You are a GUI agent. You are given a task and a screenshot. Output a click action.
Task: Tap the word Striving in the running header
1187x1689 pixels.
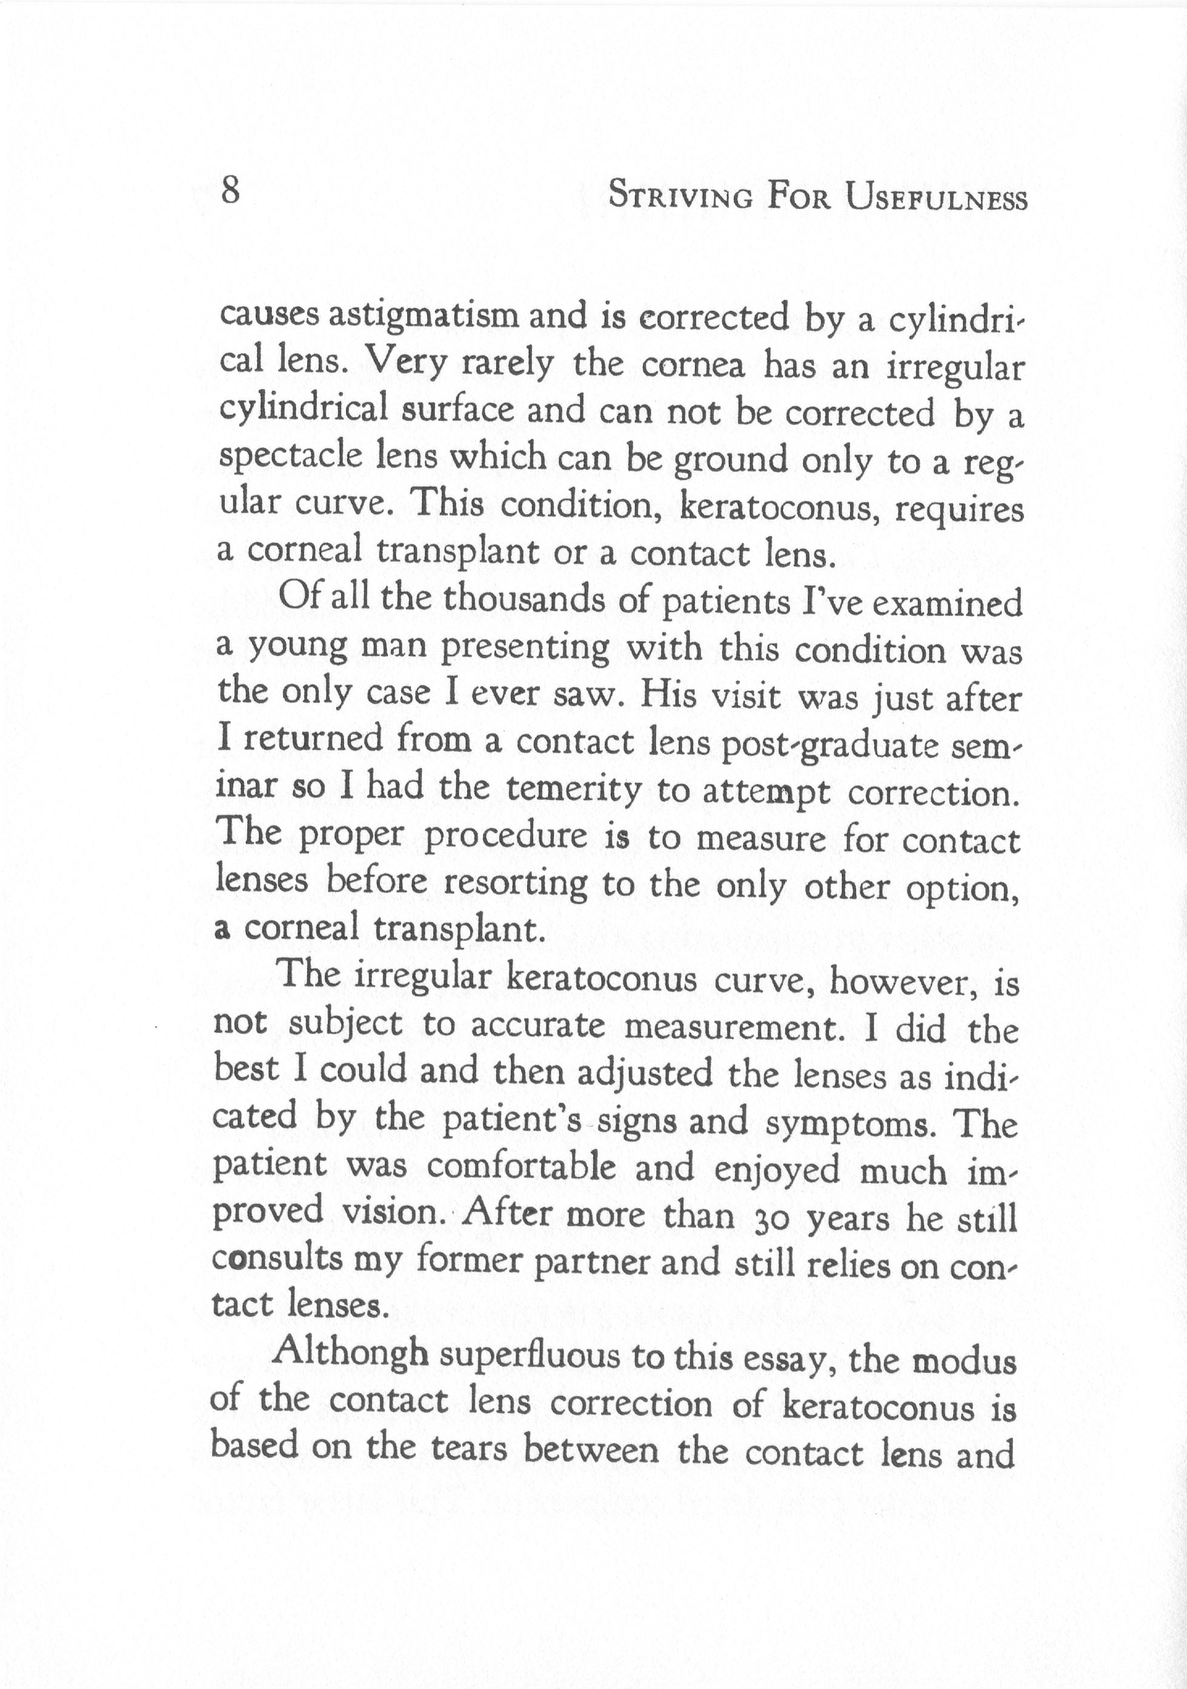(x=683, y=197)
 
